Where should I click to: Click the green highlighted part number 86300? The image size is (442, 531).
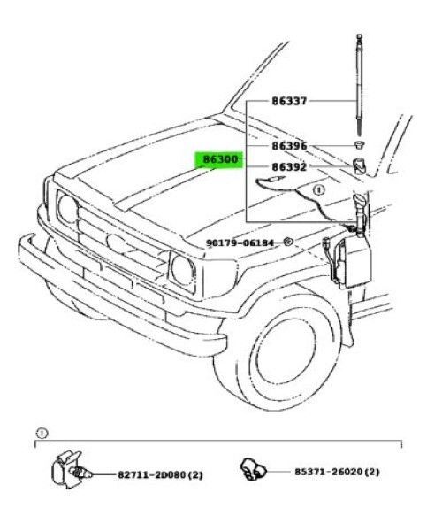tap(219, 159)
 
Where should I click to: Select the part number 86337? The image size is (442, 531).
tap(289, 101)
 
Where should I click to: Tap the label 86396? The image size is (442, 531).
tap(289, 146)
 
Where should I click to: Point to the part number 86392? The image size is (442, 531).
tap(289, 166)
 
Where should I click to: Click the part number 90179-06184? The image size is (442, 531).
tap(240, 243)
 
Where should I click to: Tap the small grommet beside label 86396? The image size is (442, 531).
tap(360, 144)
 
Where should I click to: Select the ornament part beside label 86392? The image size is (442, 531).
tap(359, 166)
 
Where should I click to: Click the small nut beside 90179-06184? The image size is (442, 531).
tap(288, 242)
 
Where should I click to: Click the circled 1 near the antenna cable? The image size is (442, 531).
tap(318, 189)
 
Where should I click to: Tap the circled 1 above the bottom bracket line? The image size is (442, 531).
tap(42, 434)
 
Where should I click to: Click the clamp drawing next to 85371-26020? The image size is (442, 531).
tap(253, 469)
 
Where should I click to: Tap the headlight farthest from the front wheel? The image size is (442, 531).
tap(68, 209)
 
